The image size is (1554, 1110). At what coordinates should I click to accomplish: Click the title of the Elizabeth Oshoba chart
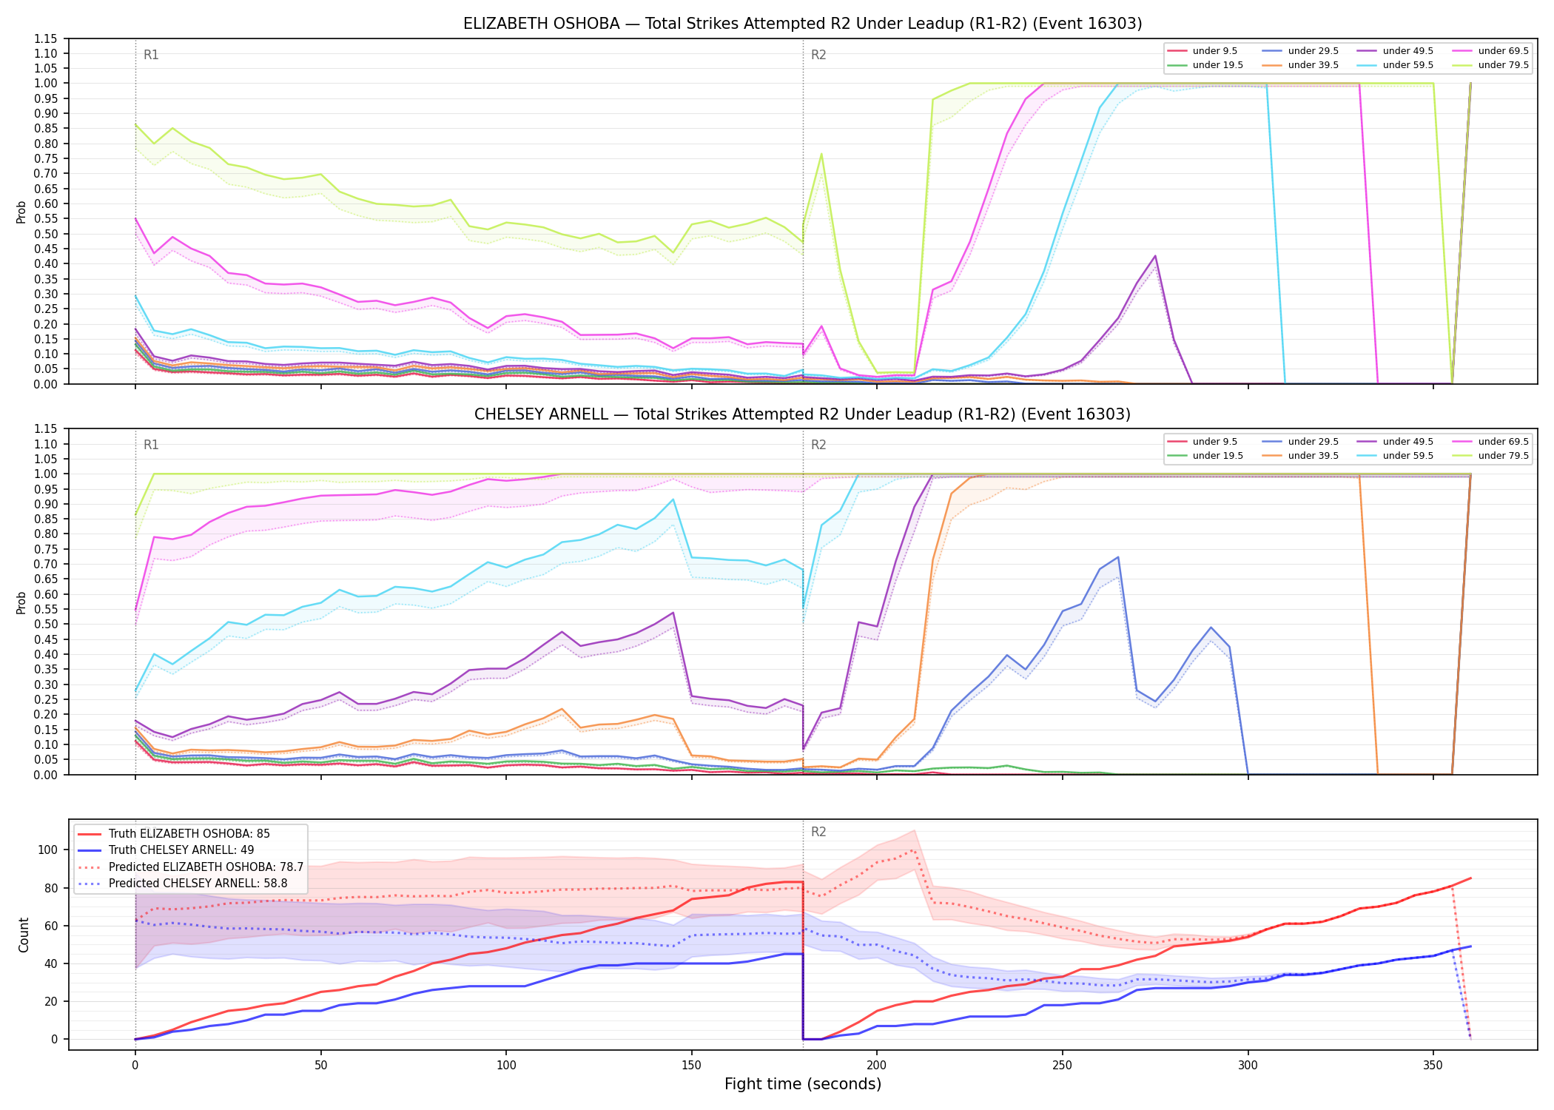pos(802,24)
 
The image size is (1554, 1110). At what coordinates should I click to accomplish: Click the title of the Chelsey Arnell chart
pos(802,414)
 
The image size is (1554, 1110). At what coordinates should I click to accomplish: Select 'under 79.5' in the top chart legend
pos(1503,65)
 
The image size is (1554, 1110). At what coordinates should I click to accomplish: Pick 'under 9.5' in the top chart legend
pos(1214,51)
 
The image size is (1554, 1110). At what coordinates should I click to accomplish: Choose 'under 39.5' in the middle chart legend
pos(1313,456)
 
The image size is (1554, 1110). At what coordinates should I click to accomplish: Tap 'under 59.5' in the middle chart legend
pos(1407,456)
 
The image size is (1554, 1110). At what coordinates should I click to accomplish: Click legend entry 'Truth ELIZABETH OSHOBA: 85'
pos(189,834)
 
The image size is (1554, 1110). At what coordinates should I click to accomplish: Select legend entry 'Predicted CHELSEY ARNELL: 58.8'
pos(198,883)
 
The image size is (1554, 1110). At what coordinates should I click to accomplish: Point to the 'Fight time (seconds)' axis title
pos(803,1084)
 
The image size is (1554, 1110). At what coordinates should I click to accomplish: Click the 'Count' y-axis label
pos(24,935)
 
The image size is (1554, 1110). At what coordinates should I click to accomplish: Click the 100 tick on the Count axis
pos(47,850)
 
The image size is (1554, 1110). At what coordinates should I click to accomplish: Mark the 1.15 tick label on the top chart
pos(46,38)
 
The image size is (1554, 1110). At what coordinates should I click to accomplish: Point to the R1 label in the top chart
pos(151,55)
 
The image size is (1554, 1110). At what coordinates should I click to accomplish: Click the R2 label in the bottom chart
pos(818,832)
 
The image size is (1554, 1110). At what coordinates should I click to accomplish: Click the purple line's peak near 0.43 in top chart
pos(1155,256)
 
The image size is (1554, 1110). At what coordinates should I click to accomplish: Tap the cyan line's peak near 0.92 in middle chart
pos(673,499)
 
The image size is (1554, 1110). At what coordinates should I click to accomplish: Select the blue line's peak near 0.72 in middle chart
pos(1117,557)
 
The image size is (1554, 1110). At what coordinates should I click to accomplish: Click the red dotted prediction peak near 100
pos(914,850)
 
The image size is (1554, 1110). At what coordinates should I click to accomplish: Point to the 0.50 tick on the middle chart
pos(46,624)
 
